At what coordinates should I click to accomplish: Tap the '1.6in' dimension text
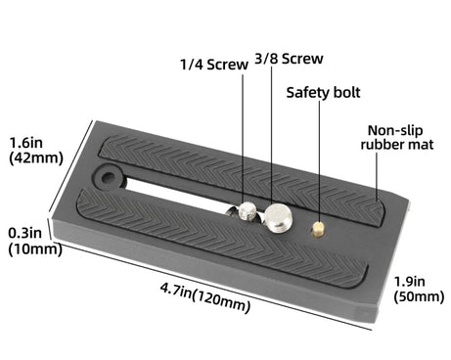[26, 139]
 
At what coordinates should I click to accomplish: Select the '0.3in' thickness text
[25, 232]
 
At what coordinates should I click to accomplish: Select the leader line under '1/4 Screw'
[244, 137]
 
